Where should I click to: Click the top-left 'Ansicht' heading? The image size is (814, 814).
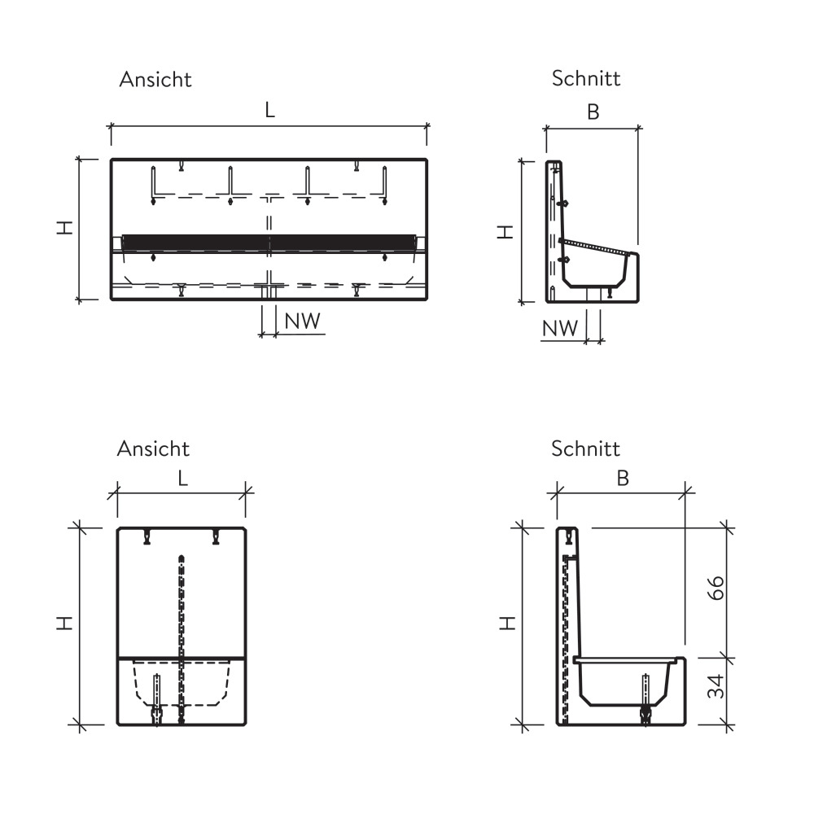[155, 80]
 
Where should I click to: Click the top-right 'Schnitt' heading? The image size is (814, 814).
[586, 78]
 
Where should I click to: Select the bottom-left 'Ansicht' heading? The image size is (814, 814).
[154, 449]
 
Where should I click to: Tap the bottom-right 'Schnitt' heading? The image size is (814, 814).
[585, 449]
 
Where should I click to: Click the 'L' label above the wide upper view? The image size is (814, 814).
[270, 110]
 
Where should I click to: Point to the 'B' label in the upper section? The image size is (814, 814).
[593, 112]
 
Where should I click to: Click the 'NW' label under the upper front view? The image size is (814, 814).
[302, 322]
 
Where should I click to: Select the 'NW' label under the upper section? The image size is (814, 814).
[560, 328]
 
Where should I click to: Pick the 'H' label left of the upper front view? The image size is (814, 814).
[65, 227]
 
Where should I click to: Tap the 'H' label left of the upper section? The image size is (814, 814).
[505, 231]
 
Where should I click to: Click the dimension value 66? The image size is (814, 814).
[716, 588]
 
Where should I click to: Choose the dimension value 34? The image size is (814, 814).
[716, 686]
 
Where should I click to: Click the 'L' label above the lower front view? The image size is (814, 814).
[182, 478]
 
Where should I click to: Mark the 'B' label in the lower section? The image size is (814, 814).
[623, 478]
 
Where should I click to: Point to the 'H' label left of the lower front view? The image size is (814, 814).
[65, 623]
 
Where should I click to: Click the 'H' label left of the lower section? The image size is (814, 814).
[507, 623]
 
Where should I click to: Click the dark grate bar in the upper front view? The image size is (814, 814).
[269, 243]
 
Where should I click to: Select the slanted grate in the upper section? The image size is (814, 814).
[597, 247]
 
